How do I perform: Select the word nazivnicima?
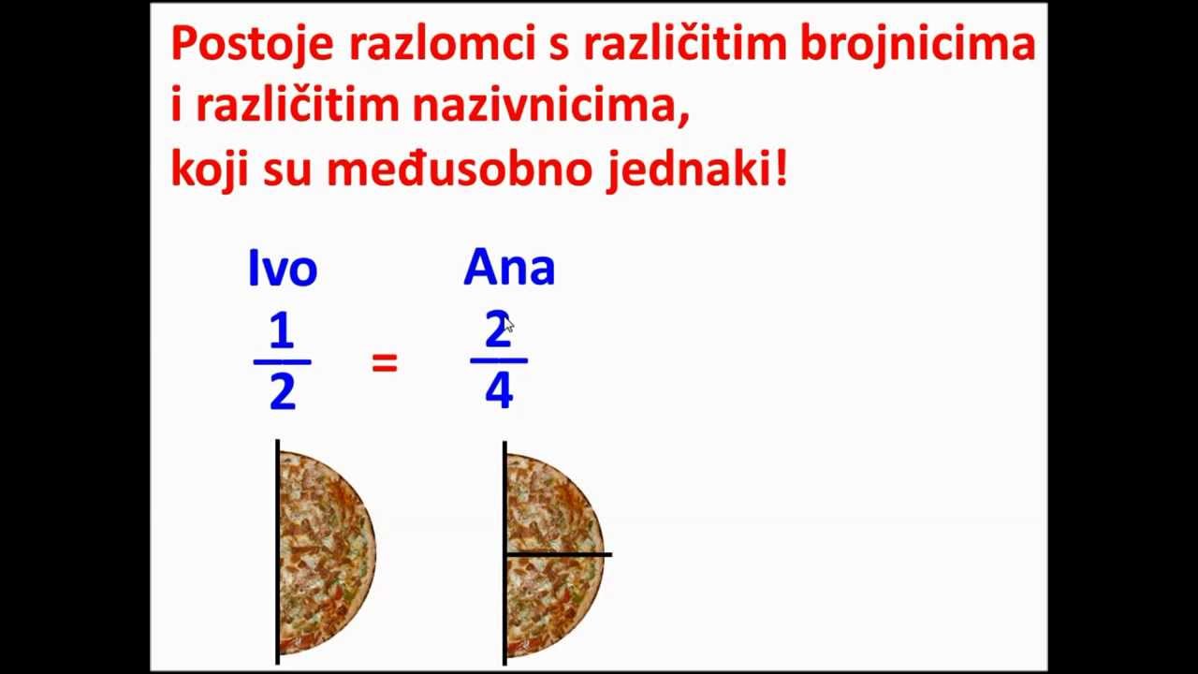tap(550, 107)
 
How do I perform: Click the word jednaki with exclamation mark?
tap(696, 169)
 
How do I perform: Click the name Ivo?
tap(283, 269)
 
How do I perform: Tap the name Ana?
tap(509, 268)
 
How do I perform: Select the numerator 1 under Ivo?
tap(282, 331)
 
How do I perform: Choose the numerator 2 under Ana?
tap(497, 330)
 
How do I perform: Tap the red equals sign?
tap(385, 363)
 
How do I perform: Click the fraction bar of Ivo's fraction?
tap(282, 361)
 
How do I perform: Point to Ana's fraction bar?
tap(499, 360)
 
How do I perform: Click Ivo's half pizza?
tap(323, 552)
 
